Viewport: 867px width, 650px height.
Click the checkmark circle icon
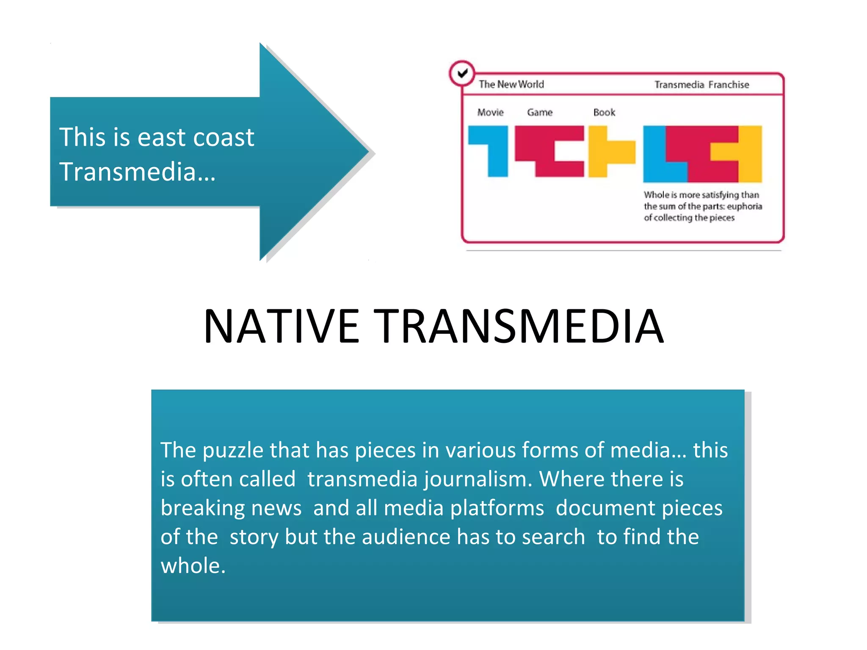pos(462,73)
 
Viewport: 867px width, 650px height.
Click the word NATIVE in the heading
pos(281,326)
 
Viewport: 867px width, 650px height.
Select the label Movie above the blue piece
pos(490,112)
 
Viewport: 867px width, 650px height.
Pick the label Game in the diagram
pos(540,112)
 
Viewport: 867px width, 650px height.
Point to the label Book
pos(604,112)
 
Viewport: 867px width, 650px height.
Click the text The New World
pos(511,84)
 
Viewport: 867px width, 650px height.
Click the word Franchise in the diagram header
pos(729,85)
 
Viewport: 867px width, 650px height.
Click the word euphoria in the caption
pos(744,207)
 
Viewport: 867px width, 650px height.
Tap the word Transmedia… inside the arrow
pos(138,172)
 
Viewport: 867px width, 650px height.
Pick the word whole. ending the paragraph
pos(193,566)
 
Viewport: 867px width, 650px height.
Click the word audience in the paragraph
pos(406,537)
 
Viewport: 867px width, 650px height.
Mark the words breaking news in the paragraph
pos(231,508)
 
